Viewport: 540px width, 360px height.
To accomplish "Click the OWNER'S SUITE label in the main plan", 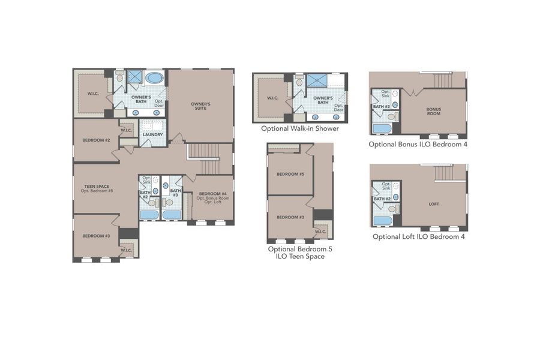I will point(200,106).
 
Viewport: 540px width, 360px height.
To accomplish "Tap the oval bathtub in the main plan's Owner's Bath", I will point(154,77).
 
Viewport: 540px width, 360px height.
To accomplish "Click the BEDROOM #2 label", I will point(96,140).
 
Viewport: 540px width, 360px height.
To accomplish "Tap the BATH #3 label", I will point(175,193).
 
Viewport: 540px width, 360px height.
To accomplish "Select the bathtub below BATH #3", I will point(172,214).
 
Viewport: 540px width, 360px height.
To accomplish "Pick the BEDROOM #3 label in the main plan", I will point(96,236).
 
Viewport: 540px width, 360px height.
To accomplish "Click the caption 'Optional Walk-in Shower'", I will point(300,128).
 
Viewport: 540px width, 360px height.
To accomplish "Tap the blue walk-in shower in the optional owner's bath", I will point(316,80).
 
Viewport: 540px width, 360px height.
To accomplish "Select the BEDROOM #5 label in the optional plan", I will point(290,175).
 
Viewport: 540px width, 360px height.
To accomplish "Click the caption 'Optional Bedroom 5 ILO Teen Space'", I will point(299,252).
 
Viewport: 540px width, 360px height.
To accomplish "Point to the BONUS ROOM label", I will point(434,112).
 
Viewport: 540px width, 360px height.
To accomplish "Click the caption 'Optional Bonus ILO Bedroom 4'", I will point(418,144).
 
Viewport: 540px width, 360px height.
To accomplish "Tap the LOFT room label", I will point(434,204).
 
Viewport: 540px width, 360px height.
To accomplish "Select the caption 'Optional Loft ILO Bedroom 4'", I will point(418,236).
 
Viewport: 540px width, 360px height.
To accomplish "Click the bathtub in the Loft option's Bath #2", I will point(382,220).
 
